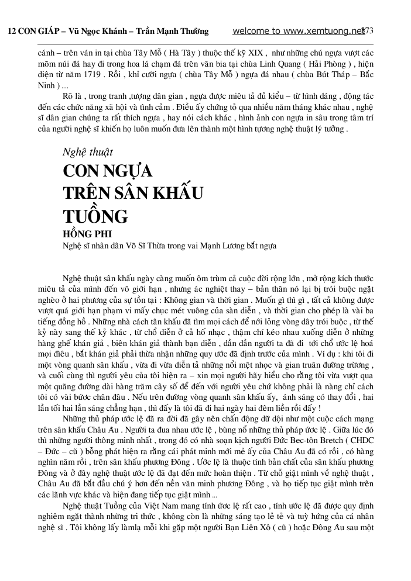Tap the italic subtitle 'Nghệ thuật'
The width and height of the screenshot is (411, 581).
pos(87,153)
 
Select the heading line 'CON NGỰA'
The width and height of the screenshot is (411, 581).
pos(108,172)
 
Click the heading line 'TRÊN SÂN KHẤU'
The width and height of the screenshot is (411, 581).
pos(133,194)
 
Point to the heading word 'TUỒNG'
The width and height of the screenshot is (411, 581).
pos(95,217)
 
